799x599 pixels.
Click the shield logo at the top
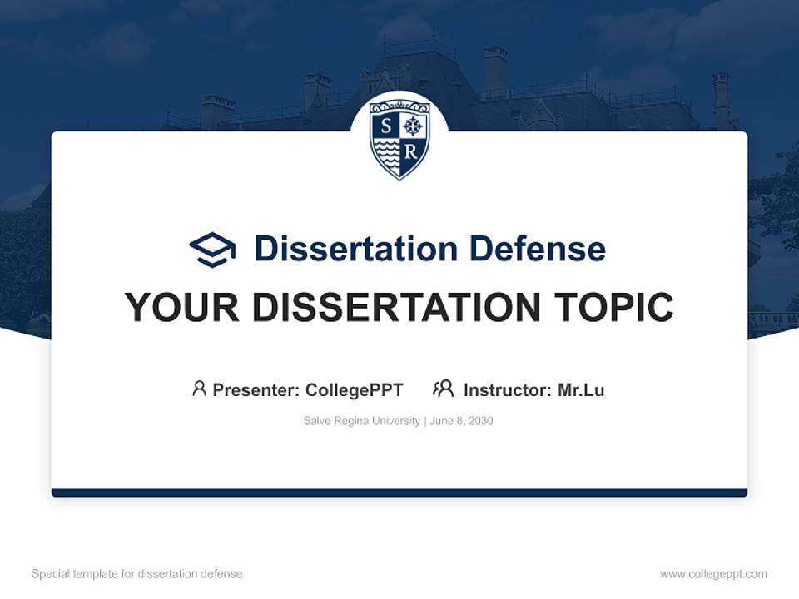pos(399,138)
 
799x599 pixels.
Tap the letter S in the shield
pos(385,126)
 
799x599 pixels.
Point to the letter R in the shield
pos(412,152)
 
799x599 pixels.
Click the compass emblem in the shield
pos(414,126)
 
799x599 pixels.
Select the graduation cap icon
pos(212,249)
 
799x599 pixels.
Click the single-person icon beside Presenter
pos(199,389)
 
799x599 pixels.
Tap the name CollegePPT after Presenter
pos(355,390)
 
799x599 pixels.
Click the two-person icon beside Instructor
pos(443,389)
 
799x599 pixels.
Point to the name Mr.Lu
pos(581,390)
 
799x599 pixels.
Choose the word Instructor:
pos(508,390)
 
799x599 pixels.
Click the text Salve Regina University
pos(362,421)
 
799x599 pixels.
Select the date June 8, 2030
pos(462,421)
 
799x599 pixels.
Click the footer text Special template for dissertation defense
pos(136,574)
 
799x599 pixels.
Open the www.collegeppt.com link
pos(713,574)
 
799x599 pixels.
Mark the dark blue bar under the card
pos(399,493)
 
